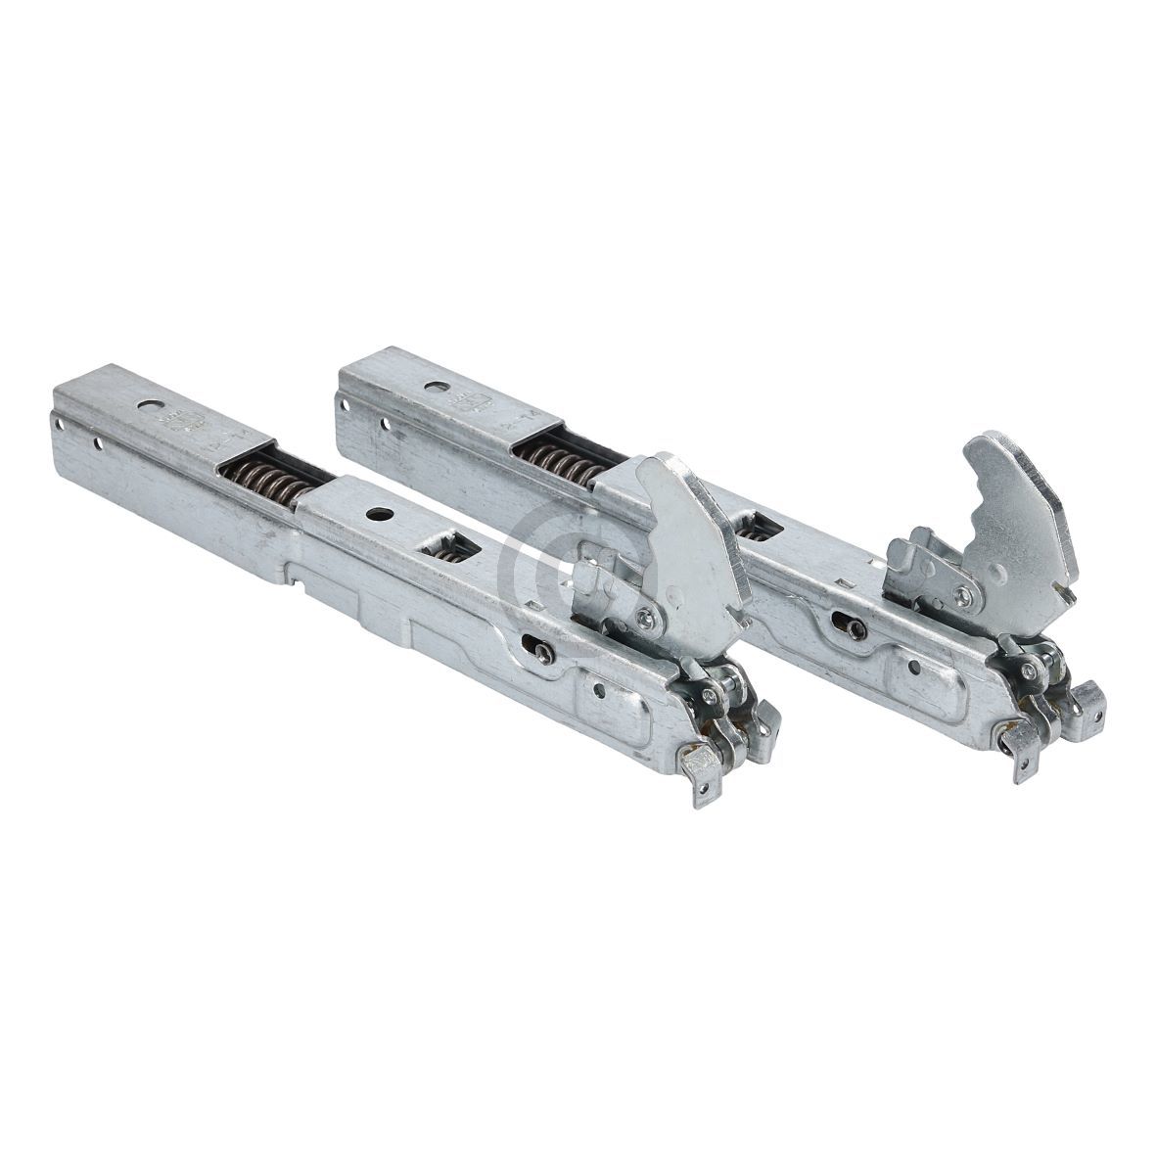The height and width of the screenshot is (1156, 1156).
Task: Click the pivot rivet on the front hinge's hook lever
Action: (645, 616)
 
